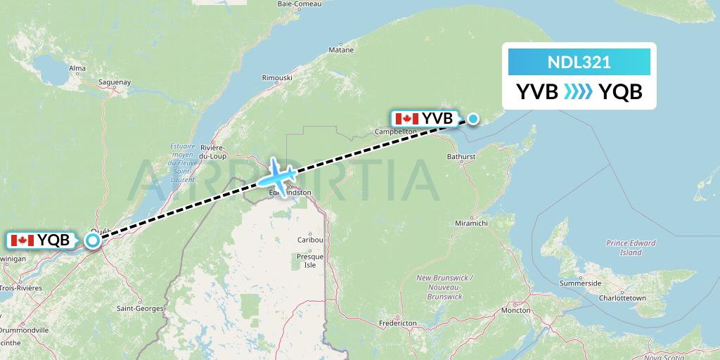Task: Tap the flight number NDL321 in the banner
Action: (579, 62)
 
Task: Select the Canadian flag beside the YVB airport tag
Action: (407, 119)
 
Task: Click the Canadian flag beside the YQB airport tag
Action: (22, 240)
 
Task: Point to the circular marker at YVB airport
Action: (473, 119)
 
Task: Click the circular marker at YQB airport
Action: (93, 240)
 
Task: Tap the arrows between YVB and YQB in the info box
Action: (579, 92)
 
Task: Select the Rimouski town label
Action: (276, 77)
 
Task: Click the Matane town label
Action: (341, 51)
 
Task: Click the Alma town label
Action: (77, 68)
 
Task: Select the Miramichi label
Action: (472, 223)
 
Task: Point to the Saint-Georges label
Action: (140, 309)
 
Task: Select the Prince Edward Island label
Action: (631, 247)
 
